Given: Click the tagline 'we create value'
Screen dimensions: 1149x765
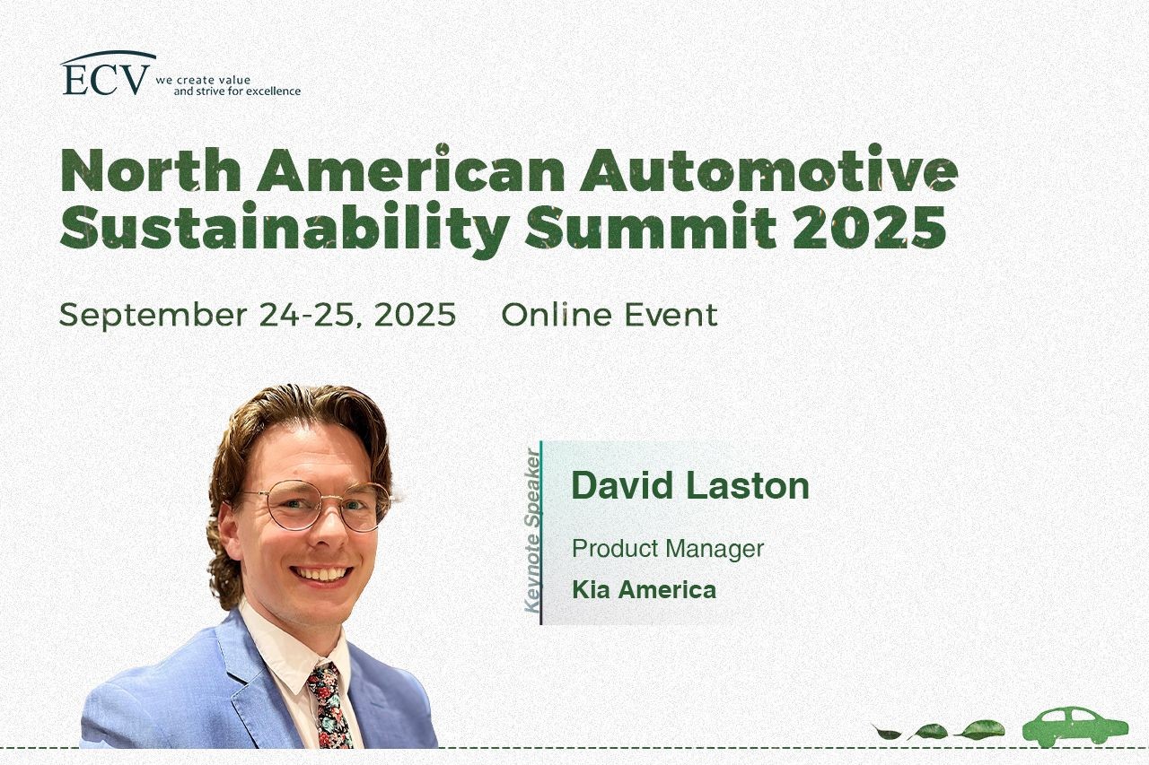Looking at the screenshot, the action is [203, 80].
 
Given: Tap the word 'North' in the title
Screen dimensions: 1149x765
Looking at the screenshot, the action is [150, 170].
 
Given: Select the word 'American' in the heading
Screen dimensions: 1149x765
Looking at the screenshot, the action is [410, 170].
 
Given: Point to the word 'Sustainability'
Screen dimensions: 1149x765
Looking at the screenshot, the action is [285, 229].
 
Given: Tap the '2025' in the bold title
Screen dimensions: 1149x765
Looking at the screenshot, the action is [870, 227].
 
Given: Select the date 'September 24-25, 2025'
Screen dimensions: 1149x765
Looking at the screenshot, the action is [258, 315].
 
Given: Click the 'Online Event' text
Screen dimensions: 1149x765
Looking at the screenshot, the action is [610, 314].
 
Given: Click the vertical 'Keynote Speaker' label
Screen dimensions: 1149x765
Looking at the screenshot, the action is [532, 531].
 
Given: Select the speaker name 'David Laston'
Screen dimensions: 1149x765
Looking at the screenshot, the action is [690, 485].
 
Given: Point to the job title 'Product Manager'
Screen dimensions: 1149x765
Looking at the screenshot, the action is [668, 549].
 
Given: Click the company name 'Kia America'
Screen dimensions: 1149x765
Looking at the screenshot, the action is [644, 590].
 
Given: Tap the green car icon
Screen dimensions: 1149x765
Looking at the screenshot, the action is [1075, 726].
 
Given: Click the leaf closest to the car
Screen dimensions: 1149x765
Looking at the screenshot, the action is [979, 729].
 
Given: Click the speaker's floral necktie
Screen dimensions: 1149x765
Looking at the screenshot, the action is [329, 707].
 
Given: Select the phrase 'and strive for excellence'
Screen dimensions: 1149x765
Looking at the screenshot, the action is [237, 91].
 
